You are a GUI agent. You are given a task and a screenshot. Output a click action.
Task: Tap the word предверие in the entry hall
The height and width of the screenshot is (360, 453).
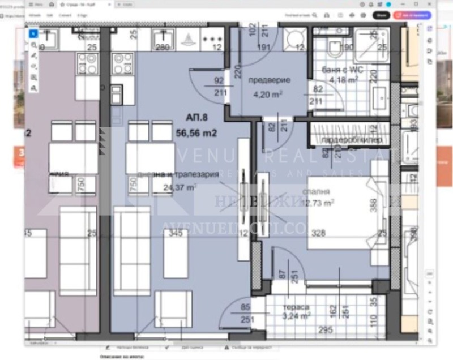(270, 80)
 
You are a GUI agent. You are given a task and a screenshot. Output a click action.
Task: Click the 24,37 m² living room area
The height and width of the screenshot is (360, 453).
(180, 186)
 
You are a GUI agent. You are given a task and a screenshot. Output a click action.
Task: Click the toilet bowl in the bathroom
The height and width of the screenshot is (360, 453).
(335, 49)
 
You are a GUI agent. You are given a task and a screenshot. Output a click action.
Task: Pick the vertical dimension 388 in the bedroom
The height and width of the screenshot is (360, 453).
(373, 204)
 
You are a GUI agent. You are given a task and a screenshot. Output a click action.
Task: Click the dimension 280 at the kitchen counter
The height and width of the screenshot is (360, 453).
(163, 47)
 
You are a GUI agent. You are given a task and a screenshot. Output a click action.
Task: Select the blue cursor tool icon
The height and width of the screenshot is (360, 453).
(33, 33)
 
